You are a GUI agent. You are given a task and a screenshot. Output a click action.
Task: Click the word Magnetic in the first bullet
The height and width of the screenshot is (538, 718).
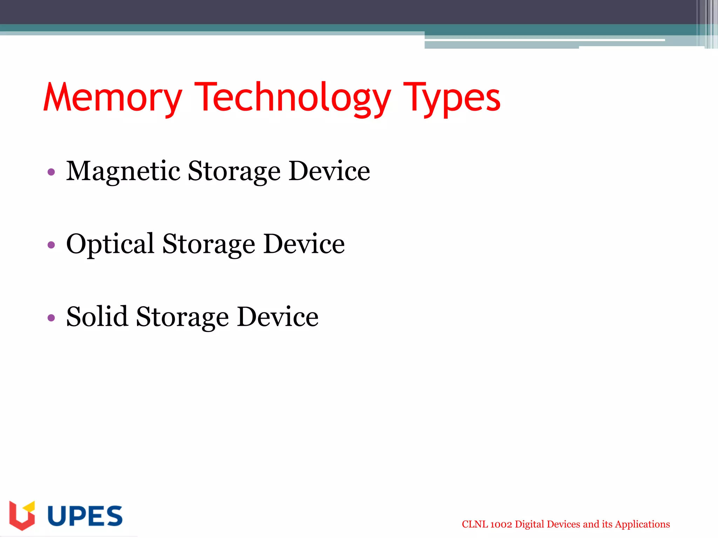123,171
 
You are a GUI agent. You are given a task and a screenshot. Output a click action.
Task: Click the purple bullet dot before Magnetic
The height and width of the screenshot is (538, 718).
51,172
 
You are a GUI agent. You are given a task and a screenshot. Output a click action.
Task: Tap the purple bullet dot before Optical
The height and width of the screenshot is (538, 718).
51,245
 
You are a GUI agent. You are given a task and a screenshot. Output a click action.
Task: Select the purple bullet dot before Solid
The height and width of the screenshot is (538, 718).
51,318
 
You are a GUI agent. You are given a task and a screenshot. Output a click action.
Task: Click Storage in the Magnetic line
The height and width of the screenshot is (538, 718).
234,171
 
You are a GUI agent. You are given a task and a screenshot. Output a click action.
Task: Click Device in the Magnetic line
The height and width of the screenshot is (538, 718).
330,171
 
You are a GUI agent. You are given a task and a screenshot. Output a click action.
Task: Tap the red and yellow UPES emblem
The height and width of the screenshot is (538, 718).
22,515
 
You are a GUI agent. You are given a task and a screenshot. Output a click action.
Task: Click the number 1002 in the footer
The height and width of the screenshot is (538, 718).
501,524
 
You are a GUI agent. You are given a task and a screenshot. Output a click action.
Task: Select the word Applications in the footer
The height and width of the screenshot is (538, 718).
642,524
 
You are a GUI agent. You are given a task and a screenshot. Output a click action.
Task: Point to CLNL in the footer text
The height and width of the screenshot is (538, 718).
475,524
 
